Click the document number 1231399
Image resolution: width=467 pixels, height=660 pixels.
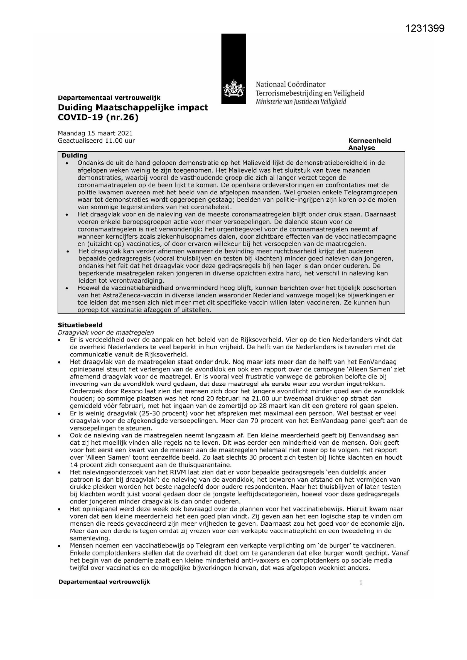click(425, 28)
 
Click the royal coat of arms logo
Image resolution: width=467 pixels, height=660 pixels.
click(233, 90)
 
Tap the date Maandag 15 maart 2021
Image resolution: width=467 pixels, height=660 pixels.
click(95, 133)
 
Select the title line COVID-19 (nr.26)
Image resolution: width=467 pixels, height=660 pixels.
click(98, 117)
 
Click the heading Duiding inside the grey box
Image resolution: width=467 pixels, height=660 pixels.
click(75, 155)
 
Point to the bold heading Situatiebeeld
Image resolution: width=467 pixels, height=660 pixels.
click(80, 325)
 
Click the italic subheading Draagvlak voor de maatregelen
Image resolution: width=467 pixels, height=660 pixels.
click(106, 332)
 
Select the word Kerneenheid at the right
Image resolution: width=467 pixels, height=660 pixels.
click(370, 140)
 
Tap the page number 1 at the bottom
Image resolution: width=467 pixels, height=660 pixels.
click(361, 582)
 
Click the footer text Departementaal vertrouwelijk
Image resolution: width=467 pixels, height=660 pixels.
click(104, 582)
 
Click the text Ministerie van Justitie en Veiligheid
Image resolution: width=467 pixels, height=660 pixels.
click(301, 102)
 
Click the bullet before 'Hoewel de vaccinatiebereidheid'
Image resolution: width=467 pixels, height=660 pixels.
click(67, 288)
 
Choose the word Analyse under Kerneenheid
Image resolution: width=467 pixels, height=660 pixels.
click(361, 148)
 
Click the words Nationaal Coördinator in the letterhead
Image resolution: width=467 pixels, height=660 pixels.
click(291, 84)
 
